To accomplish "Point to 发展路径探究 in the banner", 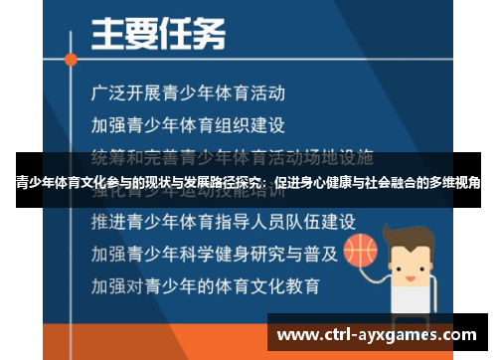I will (x=224, y=183).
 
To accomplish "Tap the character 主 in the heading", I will (x=109, y=37).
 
